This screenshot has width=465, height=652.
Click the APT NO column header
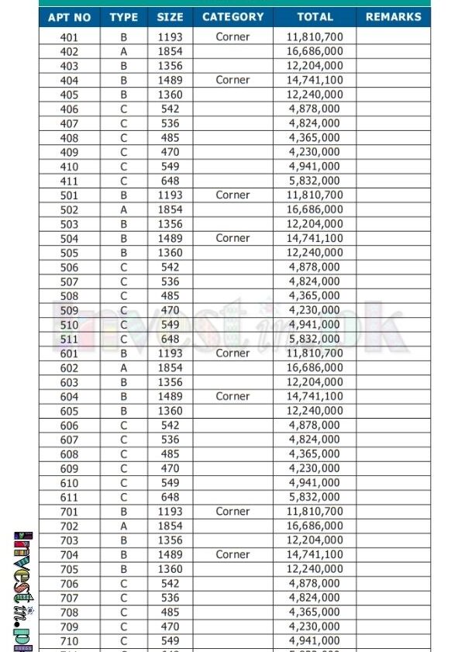[x=69, y=17]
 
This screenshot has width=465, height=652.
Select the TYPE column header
[x=124, y=17]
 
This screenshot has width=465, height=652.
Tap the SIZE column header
[x=170, y=17]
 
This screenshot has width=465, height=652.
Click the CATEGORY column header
[x=232, y=17]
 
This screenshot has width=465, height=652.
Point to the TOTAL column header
[x=315, y=17]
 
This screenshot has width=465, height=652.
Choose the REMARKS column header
[x=394, y=17]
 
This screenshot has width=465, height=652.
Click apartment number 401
[x=69, y=37]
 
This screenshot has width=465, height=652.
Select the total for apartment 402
[x=315, y=51]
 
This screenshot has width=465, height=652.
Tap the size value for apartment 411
[x=170, y=181]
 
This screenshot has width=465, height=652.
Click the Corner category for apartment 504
[x=232, y=238]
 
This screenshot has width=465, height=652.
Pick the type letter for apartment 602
[x=124, y=367]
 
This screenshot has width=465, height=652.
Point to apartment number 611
[x=69, y=497]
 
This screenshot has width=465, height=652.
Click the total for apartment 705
[x=315, y=569]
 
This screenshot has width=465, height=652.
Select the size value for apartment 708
[x=170, y=612]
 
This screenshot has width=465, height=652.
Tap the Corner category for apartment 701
[x=232, y=512]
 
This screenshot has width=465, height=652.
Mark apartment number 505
[x=69, y=253]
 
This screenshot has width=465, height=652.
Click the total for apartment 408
[x=315, y=138]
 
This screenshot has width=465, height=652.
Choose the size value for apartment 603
[x=170, y=382]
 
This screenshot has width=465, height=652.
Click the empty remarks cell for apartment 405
[x=394, y=95]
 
